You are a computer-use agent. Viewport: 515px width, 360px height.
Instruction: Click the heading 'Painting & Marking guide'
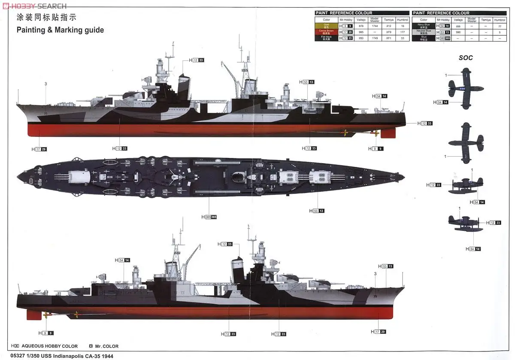[x=60, y=30]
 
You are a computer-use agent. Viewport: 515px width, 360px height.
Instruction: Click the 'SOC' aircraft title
[x=466, y=58]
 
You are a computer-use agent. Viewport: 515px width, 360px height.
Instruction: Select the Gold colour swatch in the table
[x=326, y=26]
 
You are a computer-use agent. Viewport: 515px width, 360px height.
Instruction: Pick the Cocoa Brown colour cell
[x=326, y=32]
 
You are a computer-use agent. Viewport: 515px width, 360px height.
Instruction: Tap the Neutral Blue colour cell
[x=424, y=32]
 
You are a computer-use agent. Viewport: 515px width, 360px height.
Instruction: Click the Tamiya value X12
[x=389, y=26]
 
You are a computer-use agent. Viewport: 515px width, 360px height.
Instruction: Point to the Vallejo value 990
[x=458, y=32]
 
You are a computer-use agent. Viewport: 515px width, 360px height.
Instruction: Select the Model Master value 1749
[x=374, y=38]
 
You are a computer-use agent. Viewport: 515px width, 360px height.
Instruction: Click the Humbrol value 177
[x=403, y=32]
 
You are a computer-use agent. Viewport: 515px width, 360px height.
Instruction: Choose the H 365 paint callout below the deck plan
[x=209, y=217]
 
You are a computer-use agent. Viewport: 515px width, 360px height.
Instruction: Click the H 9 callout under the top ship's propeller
[x=376, y=148]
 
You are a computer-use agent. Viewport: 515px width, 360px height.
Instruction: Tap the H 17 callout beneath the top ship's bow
[x=39, y=149]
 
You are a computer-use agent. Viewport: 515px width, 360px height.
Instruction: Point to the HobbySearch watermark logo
[x=34, y=6]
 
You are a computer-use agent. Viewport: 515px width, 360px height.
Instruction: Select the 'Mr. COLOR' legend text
[x=106, y=346]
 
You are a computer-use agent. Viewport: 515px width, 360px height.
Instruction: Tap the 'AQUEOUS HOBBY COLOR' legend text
[x=49, y=346]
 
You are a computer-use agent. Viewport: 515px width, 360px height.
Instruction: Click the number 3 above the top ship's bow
[x=45, y=84]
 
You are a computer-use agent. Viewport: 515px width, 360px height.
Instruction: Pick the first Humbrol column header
[x=403, y=20]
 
